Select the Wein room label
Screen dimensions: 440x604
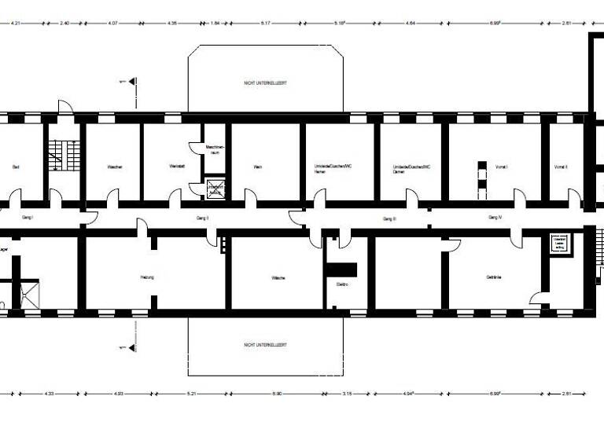pyautogui.click(x=257, y=167)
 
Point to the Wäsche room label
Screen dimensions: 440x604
pyautogui.click(x=278, y=278)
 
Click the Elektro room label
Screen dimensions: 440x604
pyautogui.click(x=342, y=284)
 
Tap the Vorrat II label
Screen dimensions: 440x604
pyautogui.click(x=560, y=167)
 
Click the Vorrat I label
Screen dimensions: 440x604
pyautogui.click(x=502, y=167)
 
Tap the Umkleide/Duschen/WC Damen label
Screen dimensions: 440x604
pyautogui.click(x=411, y=170)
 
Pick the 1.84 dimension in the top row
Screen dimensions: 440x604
pyautogui.click(x=215, y=24)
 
